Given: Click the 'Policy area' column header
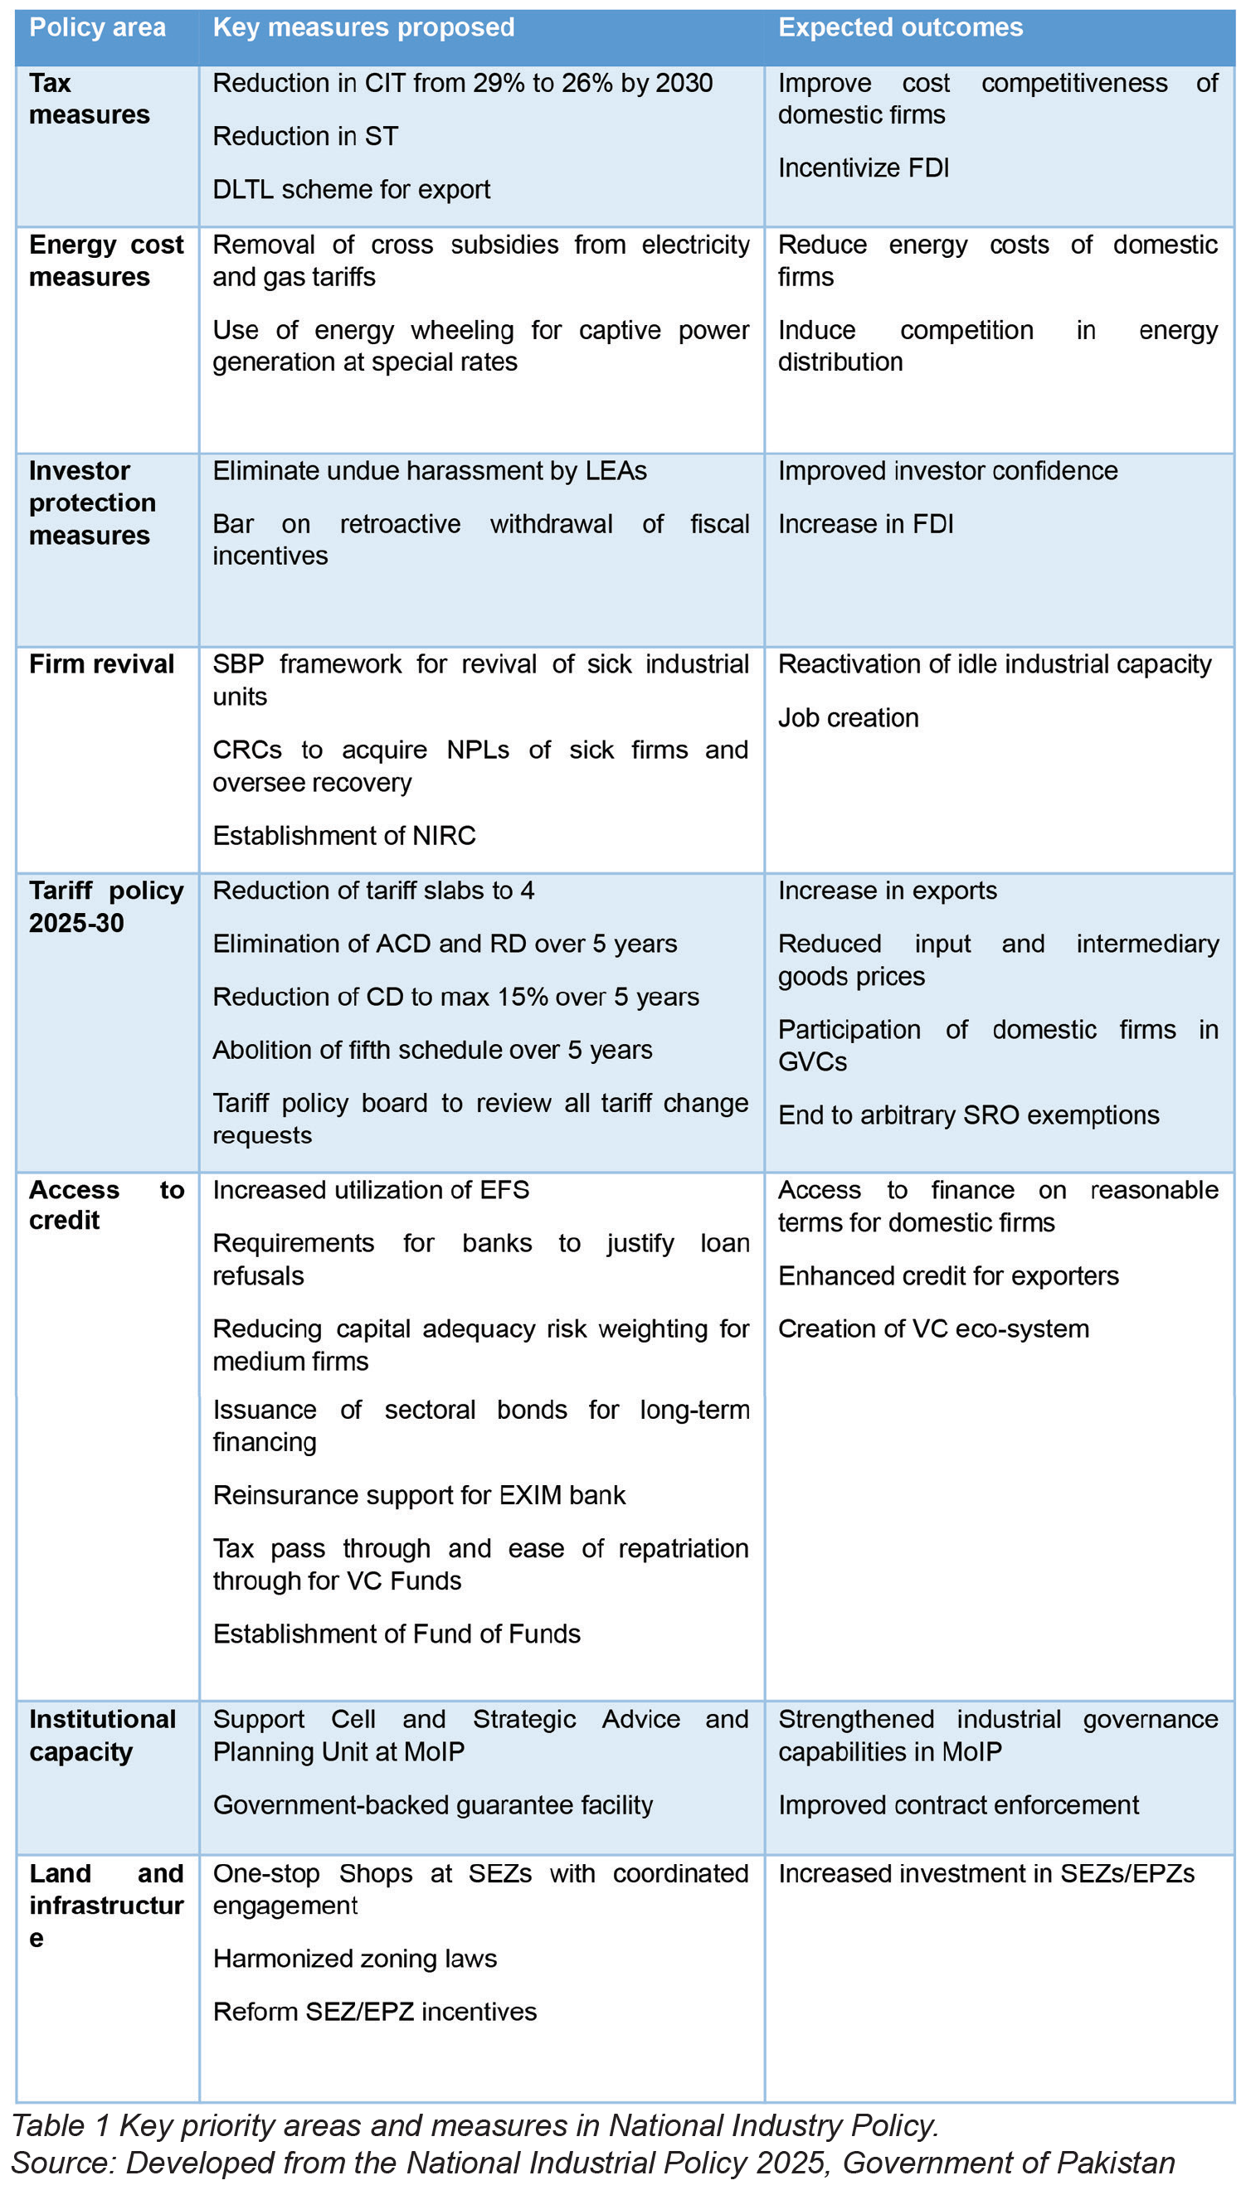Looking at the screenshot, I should [x=98, y=27].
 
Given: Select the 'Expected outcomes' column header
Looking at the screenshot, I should [x=900, y=27].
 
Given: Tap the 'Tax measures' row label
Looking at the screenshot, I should [x=89, y=99].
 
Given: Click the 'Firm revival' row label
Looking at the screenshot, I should [x=101, y=664].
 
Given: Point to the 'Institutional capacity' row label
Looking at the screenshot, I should [x=102, y=1735].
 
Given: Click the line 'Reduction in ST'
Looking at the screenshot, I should [x=305, y=136].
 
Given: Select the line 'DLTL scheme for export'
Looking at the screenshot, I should [x=351, y=189].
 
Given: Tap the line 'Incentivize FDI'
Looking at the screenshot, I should [x=864, y=168].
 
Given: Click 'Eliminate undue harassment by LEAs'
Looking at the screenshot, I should [x=430, y=470].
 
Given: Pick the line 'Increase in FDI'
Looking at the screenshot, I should [x=865, y=523].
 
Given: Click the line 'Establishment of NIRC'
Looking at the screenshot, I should [x=344, y=835].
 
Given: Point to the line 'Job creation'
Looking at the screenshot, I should [x=848, y=718].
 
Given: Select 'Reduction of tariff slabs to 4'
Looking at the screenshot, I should [x=373, y=891].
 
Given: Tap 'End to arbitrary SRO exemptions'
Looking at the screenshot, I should [x=968, y=1114].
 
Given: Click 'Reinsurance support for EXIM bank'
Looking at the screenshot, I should [x=419, y=1494].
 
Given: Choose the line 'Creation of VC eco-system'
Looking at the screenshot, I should [x=932, y=1328].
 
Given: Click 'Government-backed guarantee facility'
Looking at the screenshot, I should [x=432, y=1804].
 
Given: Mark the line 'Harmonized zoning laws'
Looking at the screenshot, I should [x=354, y=1958].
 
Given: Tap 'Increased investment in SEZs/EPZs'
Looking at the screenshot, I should [x=986, y=1872].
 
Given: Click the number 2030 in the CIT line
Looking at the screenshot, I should [x=684, y=83].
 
